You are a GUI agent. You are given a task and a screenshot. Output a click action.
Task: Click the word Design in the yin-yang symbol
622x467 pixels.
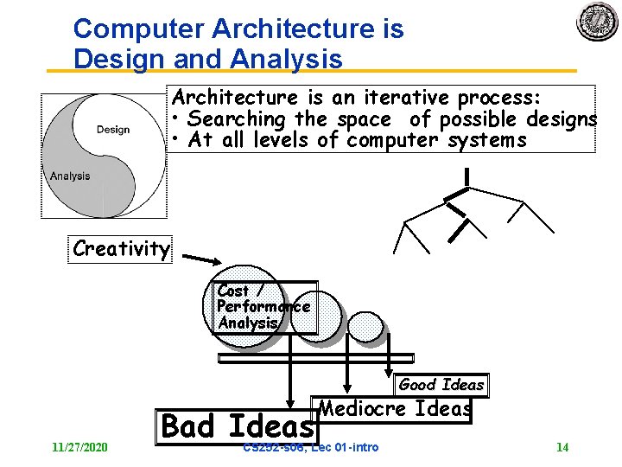tap(113, 130)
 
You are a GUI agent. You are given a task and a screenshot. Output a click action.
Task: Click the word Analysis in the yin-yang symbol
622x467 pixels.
tap(70, 176)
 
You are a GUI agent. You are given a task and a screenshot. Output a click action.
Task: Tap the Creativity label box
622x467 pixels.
tap(121, 249)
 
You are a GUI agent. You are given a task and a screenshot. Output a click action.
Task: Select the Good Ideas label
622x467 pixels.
tap(441, 385)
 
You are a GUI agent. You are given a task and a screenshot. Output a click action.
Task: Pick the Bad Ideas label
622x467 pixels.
tap(238, 426)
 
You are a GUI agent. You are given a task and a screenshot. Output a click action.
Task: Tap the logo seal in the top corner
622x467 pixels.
tap(598, 22)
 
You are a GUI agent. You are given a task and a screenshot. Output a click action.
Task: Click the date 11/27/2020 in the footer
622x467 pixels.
tap(79, 447)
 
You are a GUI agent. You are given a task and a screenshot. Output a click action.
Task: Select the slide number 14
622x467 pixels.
tap(562, 447)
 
